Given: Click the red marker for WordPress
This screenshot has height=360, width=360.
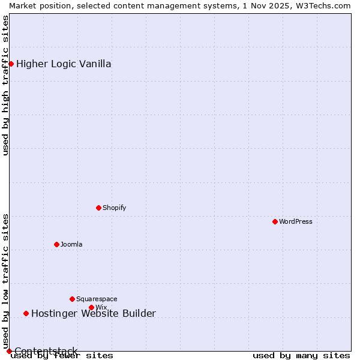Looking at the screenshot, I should [275, 221].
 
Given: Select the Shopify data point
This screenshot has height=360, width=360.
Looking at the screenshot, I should [98, 208].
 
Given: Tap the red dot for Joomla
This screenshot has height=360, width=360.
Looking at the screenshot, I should [56, 244].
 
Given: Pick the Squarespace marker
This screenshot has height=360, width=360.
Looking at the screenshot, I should [72, 299].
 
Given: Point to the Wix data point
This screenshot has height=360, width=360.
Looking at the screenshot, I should [91, 307].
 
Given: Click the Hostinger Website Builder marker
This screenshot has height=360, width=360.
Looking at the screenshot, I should [26, 313].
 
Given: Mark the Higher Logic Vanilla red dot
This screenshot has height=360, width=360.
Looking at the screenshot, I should [11, 64].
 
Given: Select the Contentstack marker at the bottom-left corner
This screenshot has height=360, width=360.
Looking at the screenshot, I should [9, 351].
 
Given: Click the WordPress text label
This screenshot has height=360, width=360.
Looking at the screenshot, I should [295, 221].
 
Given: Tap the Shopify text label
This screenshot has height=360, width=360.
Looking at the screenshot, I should [114, 208].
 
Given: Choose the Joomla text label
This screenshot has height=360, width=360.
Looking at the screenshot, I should [71, 244].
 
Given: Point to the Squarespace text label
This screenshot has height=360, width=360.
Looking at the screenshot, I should [97, 299].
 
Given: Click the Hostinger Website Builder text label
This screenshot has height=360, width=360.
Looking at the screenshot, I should [93, 313].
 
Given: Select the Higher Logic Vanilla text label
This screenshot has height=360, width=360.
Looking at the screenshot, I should [64, 64].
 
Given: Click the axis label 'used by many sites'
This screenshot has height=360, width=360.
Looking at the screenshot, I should [301, 355].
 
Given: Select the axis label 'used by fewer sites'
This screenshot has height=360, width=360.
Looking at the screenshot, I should [62, 355].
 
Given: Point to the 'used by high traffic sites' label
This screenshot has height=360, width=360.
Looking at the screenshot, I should [5, 85].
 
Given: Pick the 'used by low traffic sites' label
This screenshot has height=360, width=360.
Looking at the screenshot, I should [5, 281].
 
